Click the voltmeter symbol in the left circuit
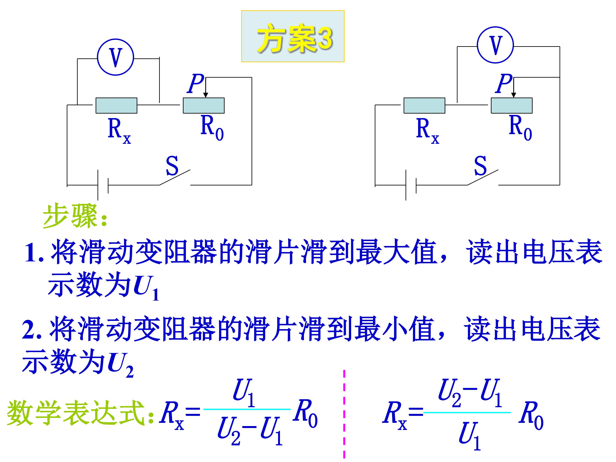click(115, 57)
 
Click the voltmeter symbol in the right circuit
click(495, 45)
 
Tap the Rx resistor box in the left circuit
click(116, 105)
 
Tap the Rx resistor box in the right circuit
click(424, 105)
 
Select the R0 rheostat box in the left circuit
click(204, 105)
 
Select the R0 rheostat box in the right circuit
click(512, 105)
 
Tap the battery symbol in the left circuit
click(103, 185)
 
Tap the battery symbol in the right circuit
click(411, 185)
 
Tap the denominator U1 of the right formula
click(469, 436)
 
